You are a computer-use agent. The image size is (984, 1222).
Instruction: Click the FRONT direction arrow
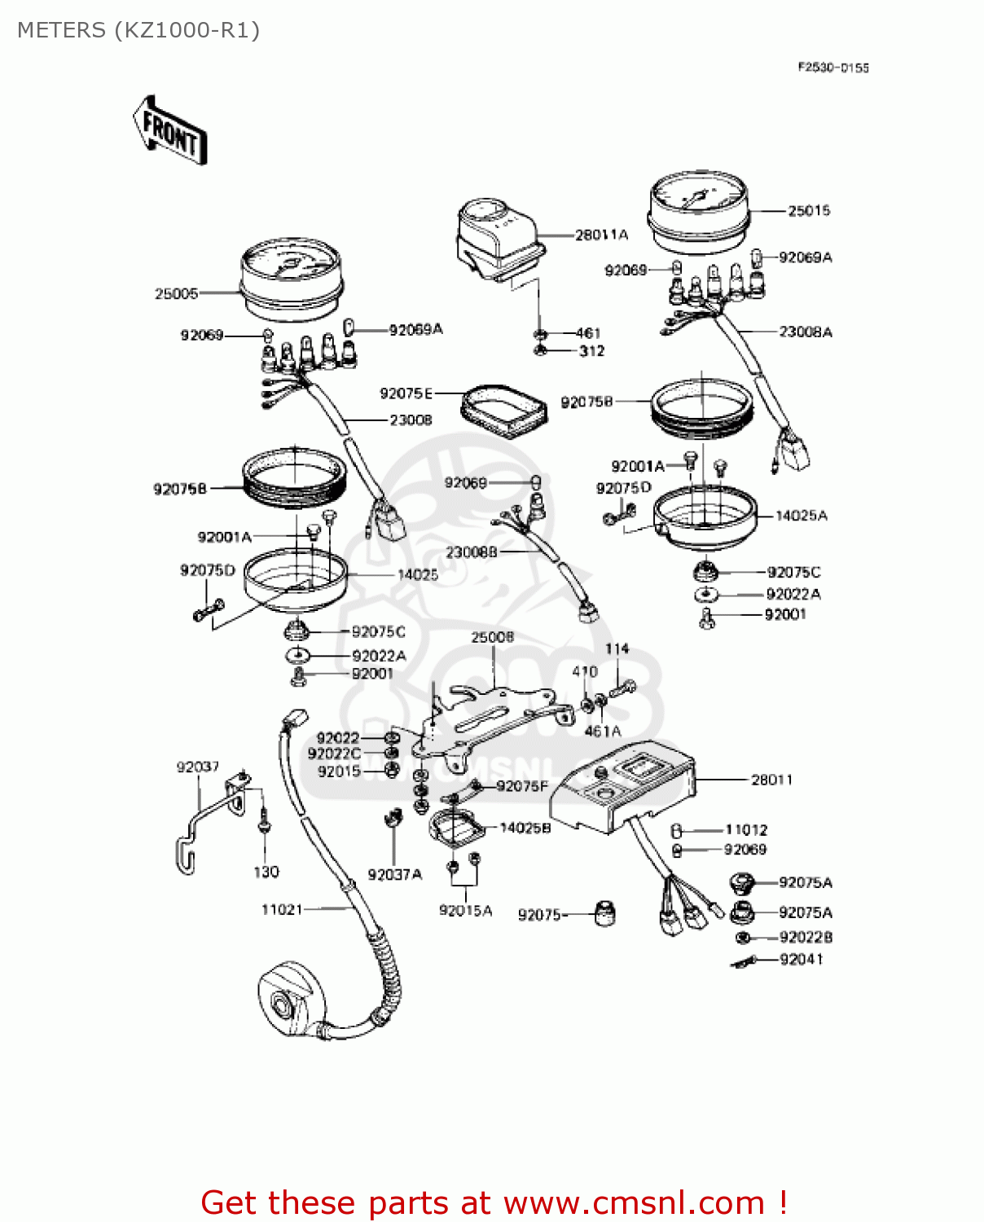click(x=170, y=131)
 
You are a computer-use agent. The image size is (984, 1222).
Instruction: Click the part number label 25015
click(x=808, y=211)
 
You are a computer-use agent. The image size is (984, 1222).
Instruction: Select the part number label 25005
click(x=176, y=293)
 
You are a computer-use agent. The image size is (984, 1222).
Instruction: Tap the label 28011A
click(x=601, y=235)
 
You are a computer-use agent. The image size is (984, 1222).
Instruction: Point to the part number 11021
click(x=282, y=909)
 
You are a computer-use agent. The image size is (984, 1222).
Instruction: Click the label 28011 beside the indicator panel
click(x=771, y=780)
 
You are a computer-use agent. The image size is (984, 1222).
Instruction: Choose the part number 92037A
click(x=395, y=874)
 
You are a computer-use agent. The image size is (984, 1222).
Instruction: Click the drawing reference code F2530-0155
click(x=832, y=68)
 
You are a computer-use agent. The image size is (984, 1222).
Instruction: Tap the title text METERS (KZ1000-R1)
click(x=138, y=30)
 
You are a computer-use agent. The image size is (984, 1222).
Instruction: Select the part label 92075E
click(x=406, y=393)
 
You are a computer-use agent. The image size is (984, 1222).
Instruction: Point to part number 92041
click(x=801, y=959)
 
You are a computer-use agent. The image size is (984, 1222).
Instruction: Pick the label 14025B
click(x=525, y=828)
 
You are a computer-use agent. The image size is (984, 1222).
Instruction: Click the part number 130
click(x=266, y=872)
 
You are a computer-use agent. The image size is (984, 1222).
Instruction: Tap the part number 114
click(x=617, y=648)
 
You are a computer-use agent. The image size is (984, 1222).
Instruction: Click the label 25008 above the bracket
click(x=492, y=636)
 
